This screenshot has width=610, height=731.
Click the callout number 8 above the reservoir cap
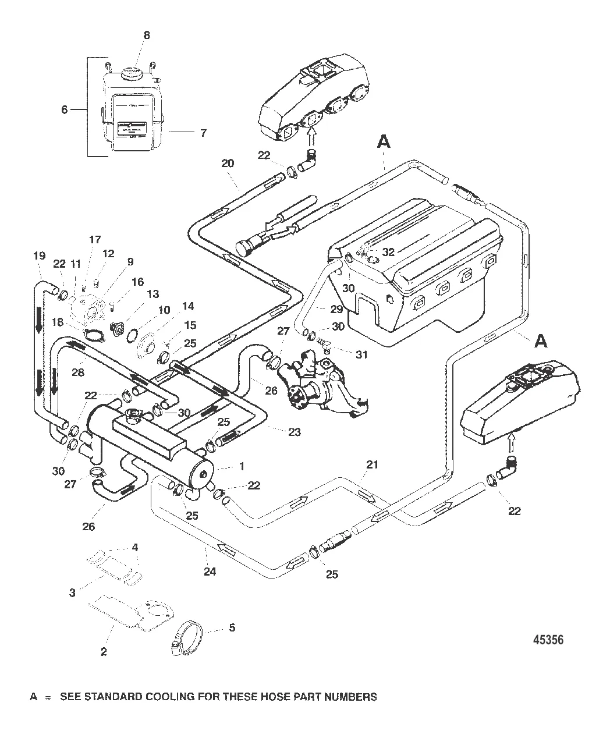[x=147, y=36]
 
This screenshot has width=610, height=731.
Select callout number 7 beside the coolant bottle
[x=203, y=133]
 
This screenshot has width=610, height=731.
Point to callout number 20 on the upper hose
[x=228, y=163]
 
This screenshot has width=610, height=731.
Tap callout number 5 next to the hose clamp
[x=232, y=629]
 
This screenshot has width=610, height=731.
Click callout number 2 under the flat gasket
[x=104, y=652]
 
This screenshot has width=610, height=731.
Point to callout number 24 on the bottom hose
[x=210, y=572]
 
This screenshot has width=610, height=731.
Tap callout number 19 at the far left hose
[x=39, y=256]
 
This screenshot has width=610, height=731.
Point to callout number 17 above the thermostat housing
[x=95, y=239]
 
